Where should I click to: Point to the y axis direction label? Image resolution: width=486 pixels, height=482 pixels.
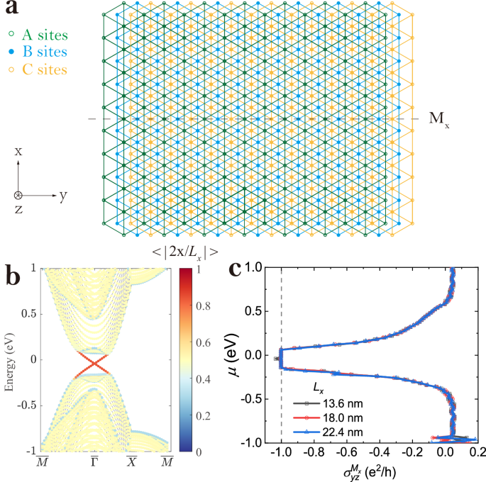tap(63, 196)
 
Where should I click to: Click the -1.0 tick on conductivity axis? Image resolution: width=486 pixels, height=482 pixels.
tap(282, 449)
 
